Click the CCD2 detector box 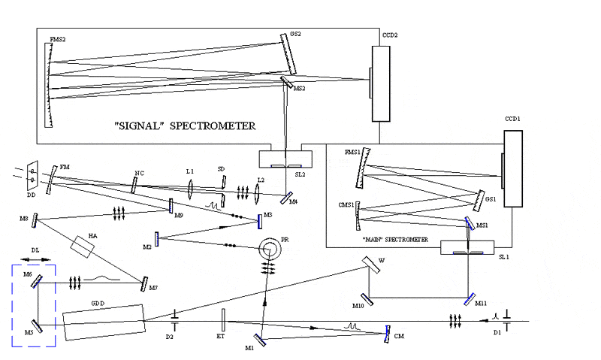[382, 83]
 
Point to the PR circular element [267, 247]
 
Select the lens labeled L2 [258, 192]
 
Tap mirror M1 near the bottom [260, 340]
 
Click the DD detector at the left [31, 177]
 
